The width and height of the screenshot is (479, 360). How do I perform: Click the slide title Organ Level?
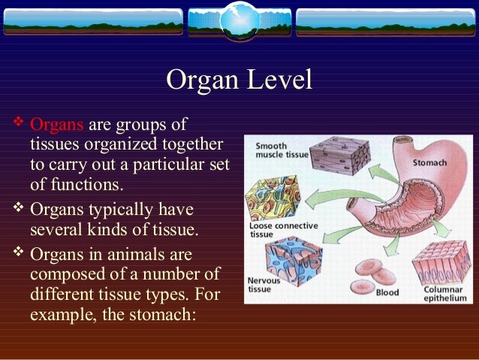[x=239, y=80]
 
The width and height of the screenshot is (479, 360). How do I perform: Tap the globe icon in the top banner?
[x=239, y=20]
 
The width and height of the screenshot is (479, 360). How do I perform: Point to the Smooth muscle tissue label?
[x=281, y=150]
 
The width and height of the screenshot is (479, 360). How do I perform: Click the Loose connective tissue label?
[x=283, y=229]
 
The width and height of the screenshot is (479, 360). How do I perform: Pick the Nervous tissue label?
[x=264, y=285]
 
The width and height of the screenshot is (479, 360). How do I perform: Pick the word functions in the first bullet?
[x=86, y=183]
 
